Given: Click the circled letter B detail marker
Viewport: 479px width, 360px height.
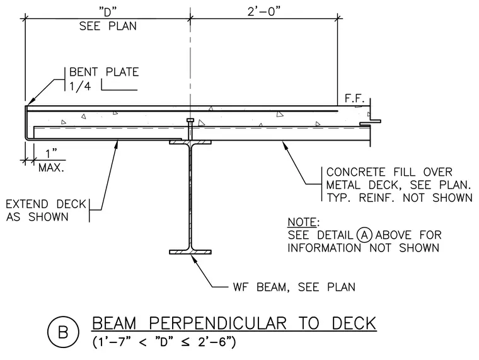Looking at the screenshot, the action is [x=63, y=332].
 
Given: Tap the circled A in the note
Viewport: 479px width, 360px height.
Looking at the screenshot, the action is [x=364, y=235].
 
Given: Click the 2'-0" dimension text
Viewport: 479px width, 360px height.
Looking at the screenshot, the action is [x=263, y=11].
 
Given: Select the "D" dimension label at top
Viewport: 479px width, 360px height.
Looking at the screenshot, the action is [x=108, y=12].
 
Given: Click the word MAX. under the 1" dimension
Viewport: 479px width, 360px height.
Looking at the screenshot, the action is [x=51, y=168].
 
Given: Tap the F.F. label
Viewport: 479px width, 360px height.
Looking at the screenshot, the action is [x=354, y=98].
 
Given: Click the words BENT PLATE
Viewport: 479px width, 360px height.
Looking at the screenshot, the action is [x=104, y=72].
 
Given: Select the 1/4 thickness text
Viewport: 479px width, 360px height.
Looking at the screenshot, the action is [x=80, y=86].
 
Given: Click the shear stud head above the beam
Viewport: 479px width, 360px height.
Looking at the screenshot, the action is [x=190, y=120].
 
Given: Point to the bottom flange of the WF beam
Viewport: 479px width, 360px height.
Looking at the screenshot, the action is [x=190, y=252].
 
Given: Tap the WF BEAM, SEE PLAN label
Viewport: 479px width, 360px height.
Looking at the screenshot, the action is [x=294, y=287].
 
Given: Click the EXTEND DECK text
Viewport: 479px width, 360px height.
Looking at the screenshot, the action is [x=46, y=204].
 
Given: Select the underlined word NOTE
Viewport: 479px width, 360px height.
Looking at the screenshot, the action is [x=302, y=222].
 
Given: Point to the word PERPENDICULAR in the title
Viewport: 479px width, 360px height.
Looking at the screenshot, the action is [x=218, y=323].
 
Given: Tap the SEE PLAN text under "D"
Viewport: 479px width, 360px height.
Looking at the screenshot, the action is [x=108, y=26].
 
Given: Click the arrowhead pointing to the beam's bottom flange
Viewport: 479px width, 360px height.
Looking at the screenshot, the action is [x=194, y=258].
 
